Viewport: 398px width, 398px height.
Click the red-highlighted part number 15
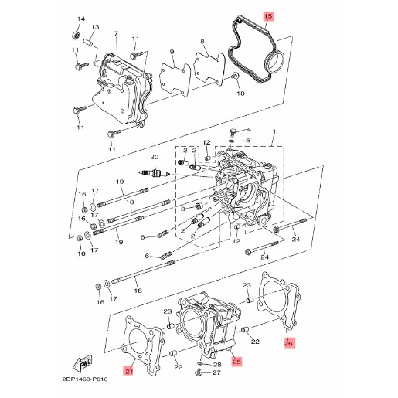point(268,16)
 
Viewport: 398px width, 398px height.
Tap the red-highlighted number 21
point(129,372)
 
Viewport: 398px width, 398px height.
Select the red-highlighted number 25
point(236,362)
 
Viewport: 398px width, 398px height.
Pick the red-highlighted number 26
point(288,343)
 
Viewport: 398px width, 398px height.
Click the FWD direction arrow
point(83,362)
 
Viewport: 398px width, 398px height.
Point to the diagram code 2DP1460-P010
point(85,379)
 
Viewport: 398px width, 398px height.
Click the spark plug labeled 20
point(154,174)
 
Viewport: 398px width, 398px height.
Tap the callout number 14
point(81,19)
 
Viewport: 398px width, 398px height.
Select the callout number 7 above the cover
point(116,34)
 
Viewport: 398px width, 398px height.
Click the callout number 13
point(95,27)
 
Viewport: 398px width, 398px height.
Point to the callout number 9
point(172,52)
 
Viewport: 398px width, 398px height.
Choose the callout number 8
point(202,42)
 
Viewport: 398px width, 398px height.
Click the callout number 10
point(240,94)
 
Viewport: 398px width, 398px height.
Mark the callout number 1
point(274,131)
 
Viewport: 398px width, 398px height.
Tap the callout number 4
point(249,129)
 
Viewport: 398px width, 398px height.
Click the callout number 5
point(247,141)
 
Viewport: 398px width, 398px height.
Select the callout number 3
point(182,209)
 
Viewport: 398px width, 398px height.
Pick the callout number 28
point(217,365)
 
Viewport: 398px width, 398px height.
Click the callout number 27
point(216,372)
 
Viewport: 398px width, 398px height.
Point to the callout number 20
point(155,157)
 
